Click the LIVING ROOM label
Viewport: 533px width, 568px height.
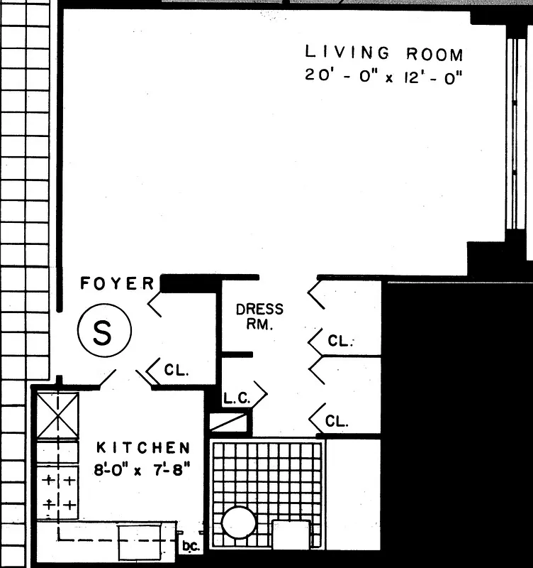click(x=383, y=53)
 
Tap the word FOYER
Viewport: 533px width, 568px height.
click(x=117, y=284)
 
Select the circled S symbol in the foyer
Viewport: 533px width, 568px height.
click(x=103, y=332)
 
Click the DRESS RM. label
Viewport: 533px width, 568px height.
click(x=259, y=317)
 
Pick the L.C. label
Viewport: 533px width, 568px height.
click(x=237, y=399)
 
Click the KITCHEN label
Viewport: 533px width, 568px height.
click(x=143, y=448)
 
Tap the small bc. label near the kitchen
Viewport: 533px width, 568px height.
click(x=189, y=547)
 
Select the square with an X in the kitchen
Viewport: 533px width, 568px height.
click(x=56, y=415)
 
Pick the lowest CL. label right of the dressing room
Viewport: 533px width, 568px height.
click(x=337, y=421)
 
